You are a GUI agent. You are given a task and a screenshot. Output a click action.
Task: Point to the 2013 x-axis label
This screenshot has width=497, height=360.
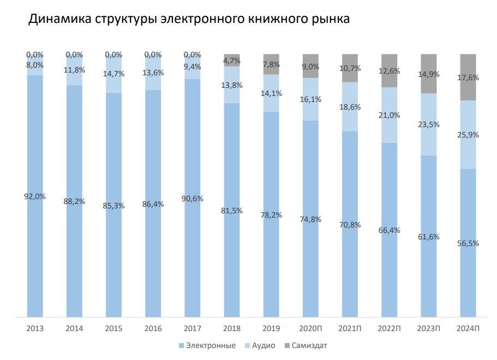35,329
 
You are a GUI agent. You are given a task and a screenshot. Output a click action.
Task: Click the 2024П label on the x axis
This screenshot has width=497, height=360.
468,329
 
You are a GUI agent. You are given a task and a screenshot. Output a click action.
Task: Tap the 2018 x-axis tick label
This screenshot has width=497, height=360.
232,329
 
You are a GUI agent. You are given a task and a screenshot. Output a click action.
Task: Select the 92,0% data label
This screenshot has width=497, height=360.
35,197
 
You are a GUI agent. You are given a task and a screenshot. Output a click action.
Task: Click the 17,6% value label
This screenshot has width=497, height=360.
468,78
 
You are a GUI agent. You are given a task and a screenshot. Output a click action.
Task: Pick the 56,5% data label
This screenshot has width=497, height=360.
468,243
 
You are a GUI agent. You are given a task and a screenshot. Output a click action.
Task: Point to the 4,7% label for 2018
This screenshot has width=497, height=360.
232,61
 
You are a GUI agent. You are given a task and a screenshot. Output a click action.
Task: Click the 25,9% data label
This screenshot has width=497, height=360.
468,135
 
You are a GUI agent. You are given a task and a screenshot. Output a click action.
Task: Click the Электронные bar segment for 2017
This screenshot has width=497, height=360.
193,245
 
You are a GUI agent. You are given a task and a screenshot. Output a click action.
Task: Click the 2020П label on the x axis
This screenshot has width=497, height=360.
310,329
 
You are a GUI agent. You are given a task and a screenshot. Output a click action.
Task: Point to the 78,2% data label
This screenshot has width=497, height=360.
271,215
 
